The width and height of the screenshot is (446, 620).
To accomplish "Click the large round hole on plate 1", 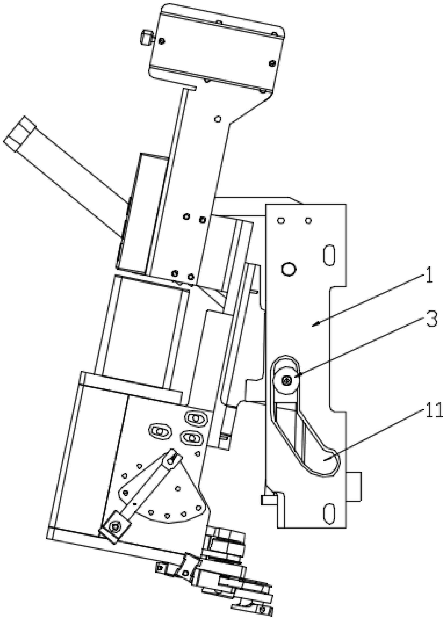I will (288, 269).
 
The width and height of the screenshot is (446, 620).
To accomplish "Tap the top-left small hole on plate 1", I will (280, 220).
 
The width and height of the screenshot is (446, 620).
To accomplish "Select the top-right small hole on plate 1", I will (308, 220).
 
